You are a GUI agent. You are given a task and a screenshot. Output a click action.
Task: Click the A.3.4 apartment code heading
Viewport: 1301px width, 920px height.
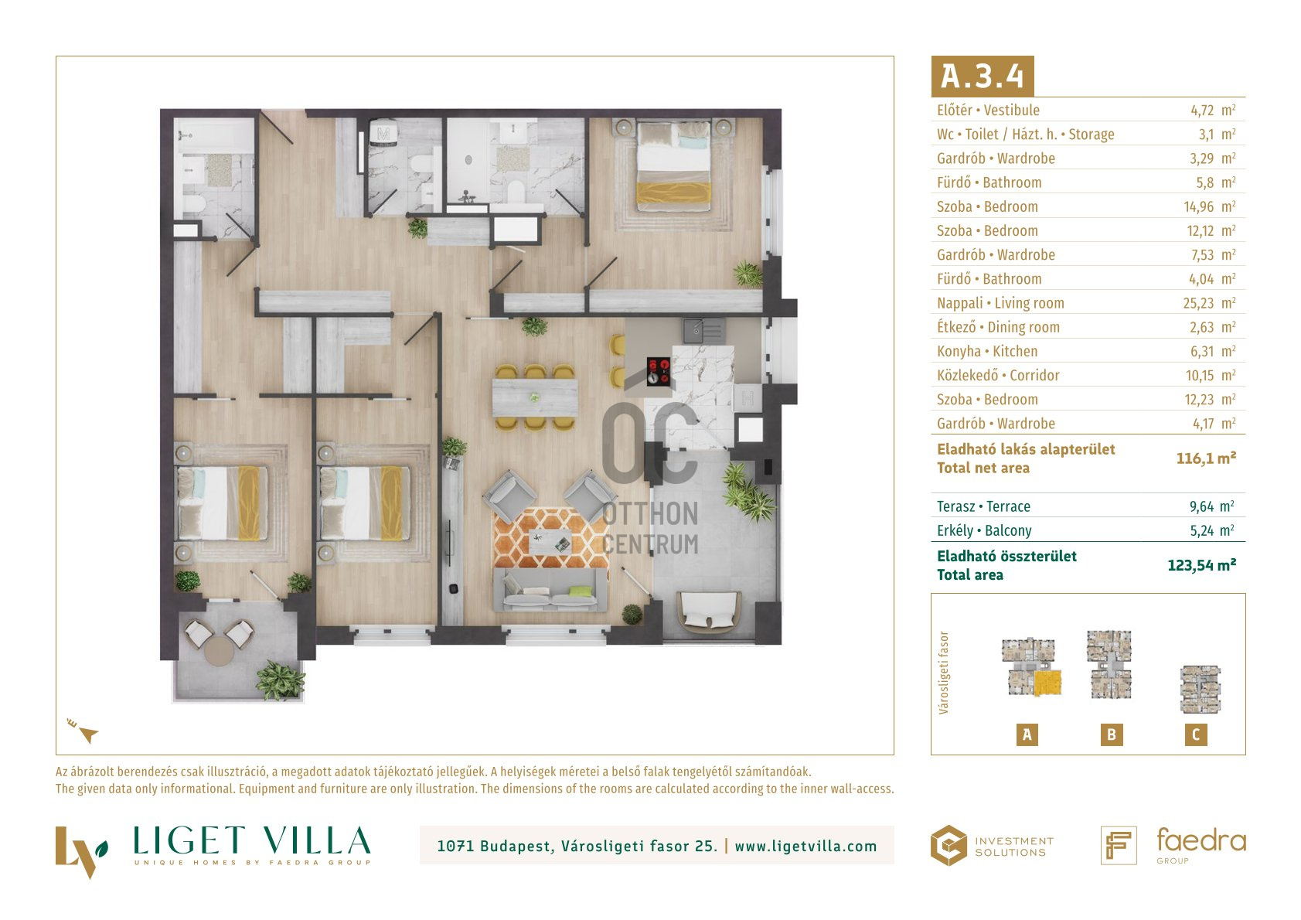point(983,76)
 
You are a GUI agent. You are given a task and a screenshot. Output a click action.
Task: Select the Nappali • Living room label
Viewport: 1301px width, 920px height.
point(1000,303)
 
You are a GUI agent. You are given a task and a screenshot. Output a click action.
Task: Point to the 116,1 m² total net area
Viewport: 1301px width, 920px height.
point(1206,458)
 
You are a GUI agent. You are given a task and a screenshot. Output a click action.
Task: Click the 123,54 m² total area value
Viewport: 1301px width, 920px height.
point(1202,566)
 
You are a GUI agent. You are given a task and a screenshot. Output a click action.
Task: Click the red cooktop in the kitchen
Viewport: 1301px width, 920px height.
point(659,371)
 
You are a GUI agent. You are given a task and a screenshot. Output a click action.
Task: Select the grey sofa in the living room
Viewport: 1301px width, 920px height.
point(550,591)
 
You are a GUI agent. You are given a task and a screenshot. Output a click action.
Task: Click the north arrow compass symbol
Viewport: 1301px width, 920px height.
point(84,731)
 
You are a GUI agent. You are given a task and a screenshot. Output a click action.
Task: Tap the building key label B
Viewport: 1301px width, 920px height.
point(1111,734)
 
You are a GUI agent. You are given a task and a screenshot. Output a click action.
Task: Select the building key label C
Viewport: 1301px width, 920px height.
point(1195,734)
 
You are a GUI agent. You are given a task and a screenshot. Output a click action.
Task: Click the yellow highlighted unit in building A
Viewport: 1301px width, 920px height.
point(1047,683)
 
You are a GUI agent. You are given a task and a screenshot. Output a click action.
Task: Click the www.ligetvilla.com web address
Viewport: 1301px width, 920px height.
point(805,847)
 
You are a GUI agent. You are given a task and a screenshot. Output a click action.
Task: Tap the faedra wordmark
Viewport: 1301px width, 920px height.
point(1201,840)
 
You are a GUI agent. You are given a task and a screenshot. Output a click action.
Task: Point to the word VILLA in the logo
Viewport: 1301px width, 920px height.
point(316,840)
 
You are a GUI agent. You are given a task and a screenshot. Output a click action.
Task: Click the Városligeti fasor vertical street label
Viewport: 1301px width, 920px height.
point(944,673)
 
